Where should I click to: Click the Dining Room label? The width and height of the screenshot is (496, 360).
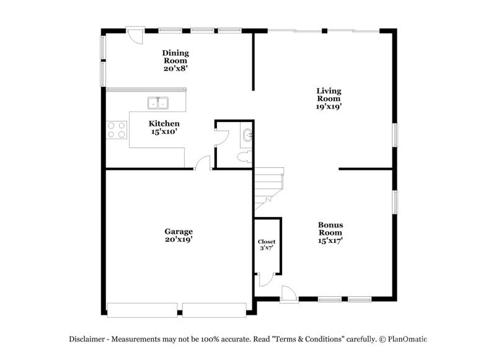coord(175,56)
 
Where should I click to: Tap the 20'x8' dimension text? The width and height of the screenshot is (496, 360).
coord(175,69)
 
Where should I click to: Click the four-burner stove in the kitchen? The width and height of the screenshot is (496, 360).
coord(117,130)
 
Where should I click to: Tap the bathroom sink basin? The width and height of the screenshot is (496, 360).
coord(247,135)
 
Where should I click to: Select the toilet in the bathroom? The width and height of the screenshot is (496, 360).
coord(245,156)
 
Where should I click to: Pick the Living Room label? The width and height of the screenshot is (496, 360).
coord(329,94)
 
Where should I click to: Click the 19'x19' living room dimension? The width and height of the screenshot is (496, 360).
coord(329,106)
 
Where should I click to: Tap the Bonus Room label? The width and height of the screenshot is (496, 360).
coord(330,229)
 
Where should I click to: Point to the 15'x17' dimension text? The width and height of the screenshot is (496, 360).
coord(330,240)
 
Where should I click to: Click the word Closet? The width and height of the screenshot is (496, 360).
coord(267,242)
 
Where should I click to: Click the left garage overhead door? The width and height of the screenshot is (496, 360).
coord(142,309)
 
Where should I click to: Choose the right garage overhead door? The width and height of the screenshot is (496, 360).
coord(215,309)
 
